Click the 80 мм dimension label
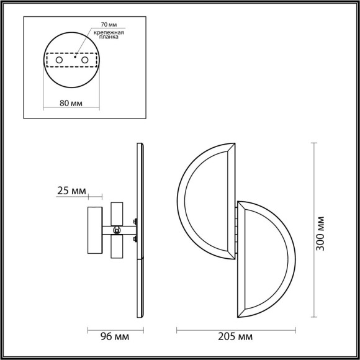(71, 102)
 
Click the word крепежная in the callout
(109, 32)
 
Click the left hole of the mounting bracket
(60, 60)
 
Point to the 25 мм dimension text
(71, 191)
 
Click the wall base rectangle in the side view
(94, 230)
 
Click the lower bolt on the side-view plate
(134, 241)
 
